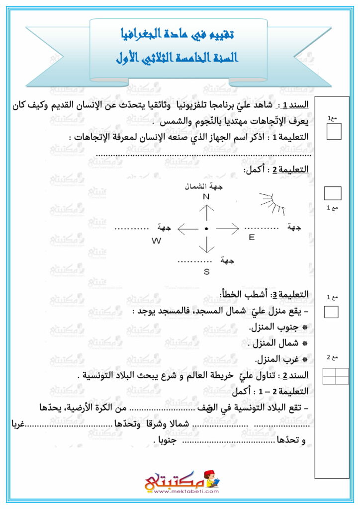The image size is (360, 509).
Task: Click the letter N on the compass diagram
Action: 206,197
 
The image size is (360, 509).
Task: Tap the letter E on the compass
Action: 252,238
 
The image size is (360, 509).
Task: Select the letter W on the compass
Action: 157,241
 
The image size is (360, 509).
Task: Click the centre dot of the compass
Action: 206,229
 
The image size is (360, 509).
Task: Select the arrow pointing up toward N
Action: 206,213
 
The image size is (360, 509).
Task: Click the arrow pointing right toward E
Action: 228,229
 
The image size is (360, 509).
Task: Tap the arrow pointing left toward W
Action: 188,229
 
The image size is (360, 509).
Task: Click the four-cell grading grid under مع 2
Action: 336,376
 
